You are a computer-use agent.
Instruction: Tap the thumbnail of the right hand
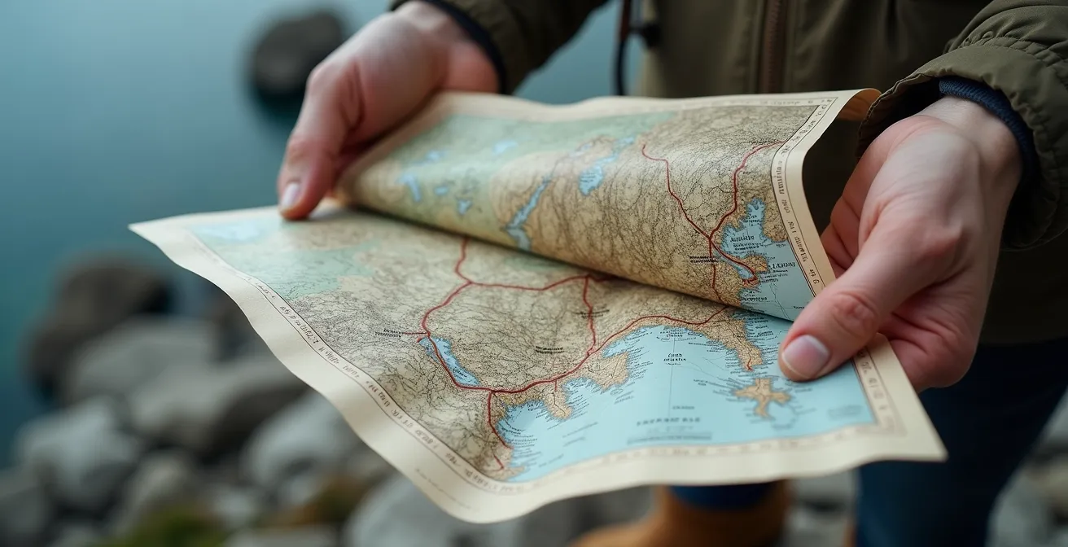click(804, 356)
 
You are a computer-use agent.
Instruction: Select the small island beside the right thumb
click(762, 395)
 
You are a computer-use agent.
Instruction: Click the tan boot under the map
click(700, 517)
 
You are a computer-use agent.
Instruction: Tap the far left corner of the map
click(135, 225)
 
